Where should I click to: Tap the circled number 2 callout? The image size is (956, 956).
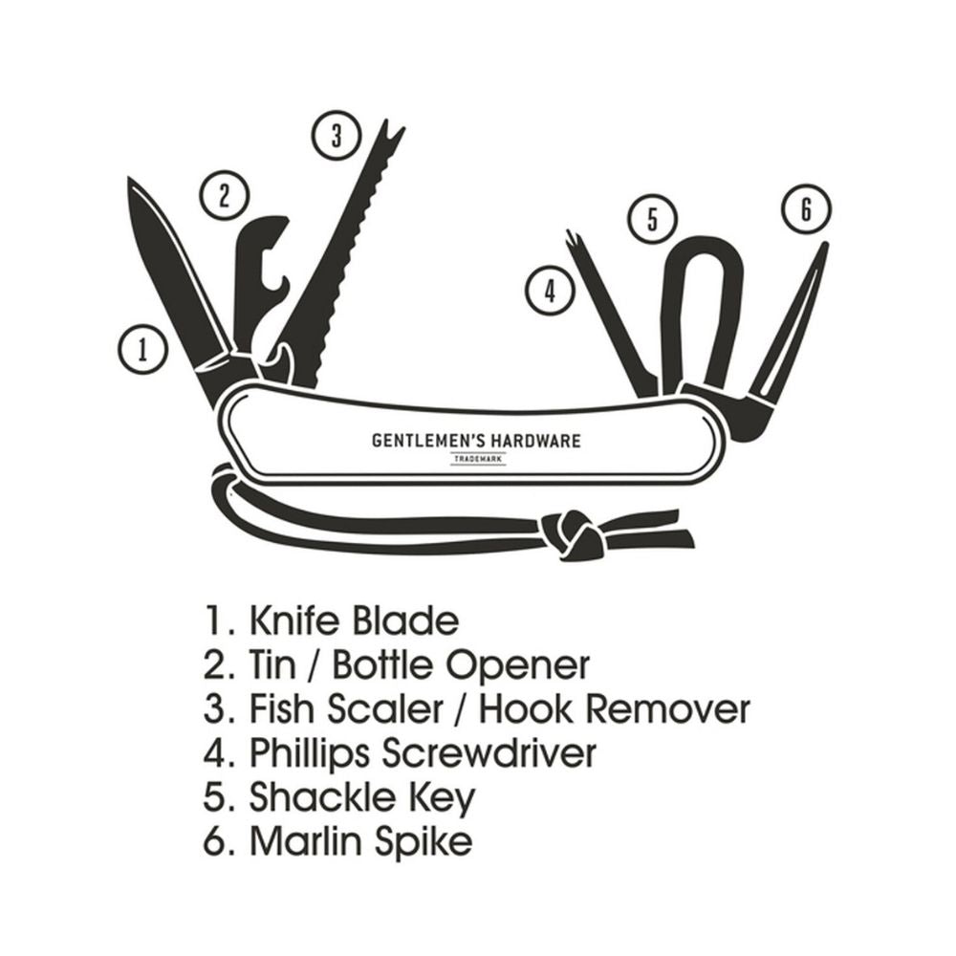(224, 195)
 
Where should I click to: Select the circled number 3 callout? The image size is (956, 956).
(335, 137)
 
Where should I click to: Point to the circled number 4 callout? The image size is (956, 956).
(549, 290)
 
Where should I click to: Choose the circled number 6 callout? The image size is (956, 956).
(805, 208)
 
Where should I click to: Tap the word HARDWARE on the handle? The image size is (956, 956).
(532, 441)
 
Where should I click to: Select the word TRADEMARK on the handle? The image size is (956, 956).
(477, 460)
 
